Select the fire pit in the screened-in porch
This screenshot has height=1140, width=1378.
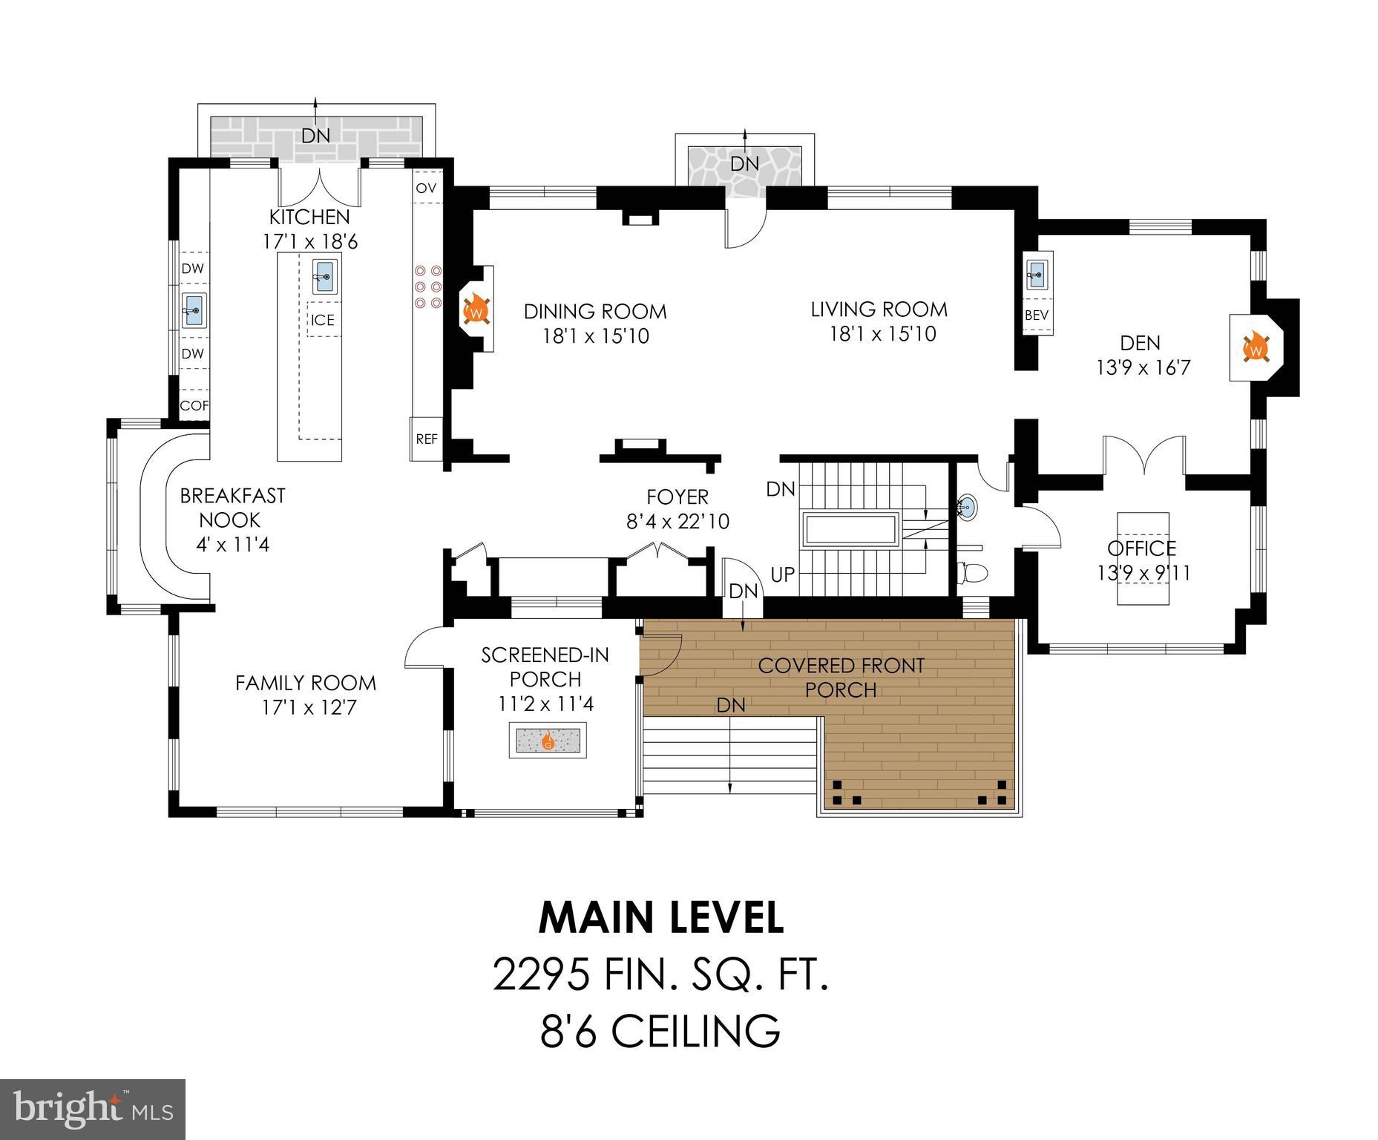pyautogui.click(x=548, y=740)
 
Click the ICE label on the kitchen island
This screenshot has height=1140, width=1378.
pyautogui.click(x=323, y=320)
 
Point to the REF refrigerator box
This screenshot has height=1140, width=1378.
pyautogui.click(x=427, y=439)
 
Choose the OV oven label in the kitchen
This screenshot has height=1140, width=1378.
pyautogui.click(x=426, y=188)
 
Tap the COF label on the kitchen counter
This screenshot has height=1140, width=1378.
pyautogui.click(x=194, y=405)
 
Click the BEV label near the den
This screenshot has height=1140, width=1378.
pyautogui.click(x=1036, y=315)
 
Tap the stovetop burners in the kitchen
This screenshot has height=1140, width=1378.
pyautogui.click(x=428, y=286)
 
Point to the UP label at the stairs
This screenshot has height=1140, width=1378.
pyautogui.click(x=783, y=574)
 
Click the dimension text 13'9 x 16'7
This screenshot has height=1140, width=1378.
pyautogui.click(x=1143, y=367)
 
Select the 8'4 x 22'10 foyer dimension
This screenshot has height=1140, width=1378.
pyautogui.click(x=677, y=522)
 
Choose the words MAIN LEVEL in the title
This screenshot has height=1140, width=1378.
pyautogui.click(x=660, y=918)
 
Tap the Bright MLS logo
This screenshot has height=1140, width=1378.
pyautogui.click(x=93, y=1109)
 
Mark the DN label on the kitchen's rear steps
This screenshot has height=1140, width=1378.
pyautogui.click(x=315, y=136)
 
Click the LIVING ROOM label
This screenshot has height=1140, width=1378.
pyautogui.click(x=879, y=309)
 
